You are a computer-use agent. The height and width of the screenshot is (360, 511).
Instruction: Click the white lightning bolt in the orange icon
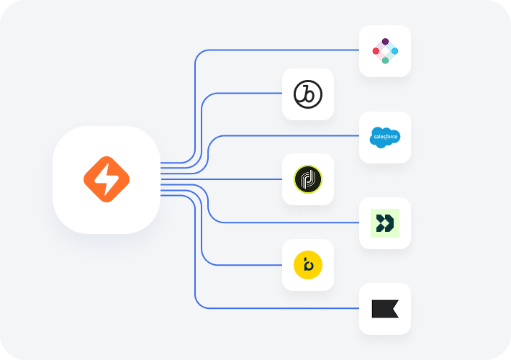(x=106, y=180)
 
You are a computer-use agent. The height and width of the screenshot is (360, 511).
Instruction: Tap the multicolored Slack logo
(x=385, y=51)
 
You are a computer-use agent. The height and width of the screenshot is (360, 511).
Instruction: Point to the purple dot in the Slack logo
(x=385, y=42)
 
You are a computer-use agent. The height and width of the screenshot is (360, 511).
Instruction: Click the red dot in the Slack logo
(x=376, y=51)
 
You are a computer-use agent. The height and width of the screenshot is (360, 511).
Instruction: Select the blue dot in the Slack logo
(x=394, y=51)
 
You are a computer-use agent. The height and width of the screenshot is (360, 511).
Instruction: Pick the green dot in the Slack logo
(x=385, y=60)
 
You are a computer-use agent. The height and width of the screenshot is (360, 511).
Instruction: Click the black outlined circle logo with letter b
(x=308, y=94)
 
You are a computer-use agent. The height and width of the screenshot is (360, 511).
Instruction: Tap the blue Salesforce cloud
(x=384, y=137)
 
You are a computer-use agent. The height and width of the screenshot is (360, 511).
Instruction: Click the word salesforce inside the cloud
(x=385, y=135)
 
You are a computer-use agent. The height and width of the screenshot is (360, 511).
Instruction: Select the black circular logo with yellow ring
(x=308, y=180)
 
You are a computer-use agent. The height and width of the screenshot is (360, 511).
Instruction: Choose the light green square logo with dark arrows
(x=385, y=223)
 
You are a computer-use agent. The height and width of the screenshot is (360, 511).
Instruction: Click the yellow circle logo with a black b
(x=308, y=266)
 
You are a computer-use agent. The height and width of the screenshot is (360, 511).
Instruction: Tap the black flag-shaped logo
(x=385, y=309)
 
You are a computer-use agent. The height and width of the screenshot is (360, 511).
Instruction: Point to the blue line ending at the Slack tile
(x=288, y=50)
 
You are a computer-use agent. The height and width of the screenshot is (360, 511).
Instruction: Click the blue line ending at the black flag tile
(x=288, y=309)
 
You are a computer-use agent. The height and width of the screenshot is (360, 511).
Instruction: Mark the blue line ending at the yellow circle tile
(x=245, y=266)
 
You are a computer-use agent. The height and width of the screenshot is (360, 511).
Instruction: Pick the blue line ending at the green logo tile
(x=288, y=223)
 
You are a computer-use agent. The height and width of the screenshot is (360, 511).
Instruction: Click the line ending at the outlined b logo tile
(x=245, y=94)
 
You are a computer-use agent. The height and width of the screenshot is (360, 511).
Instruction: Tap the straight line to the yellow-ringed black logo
(x=230, y=180)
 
